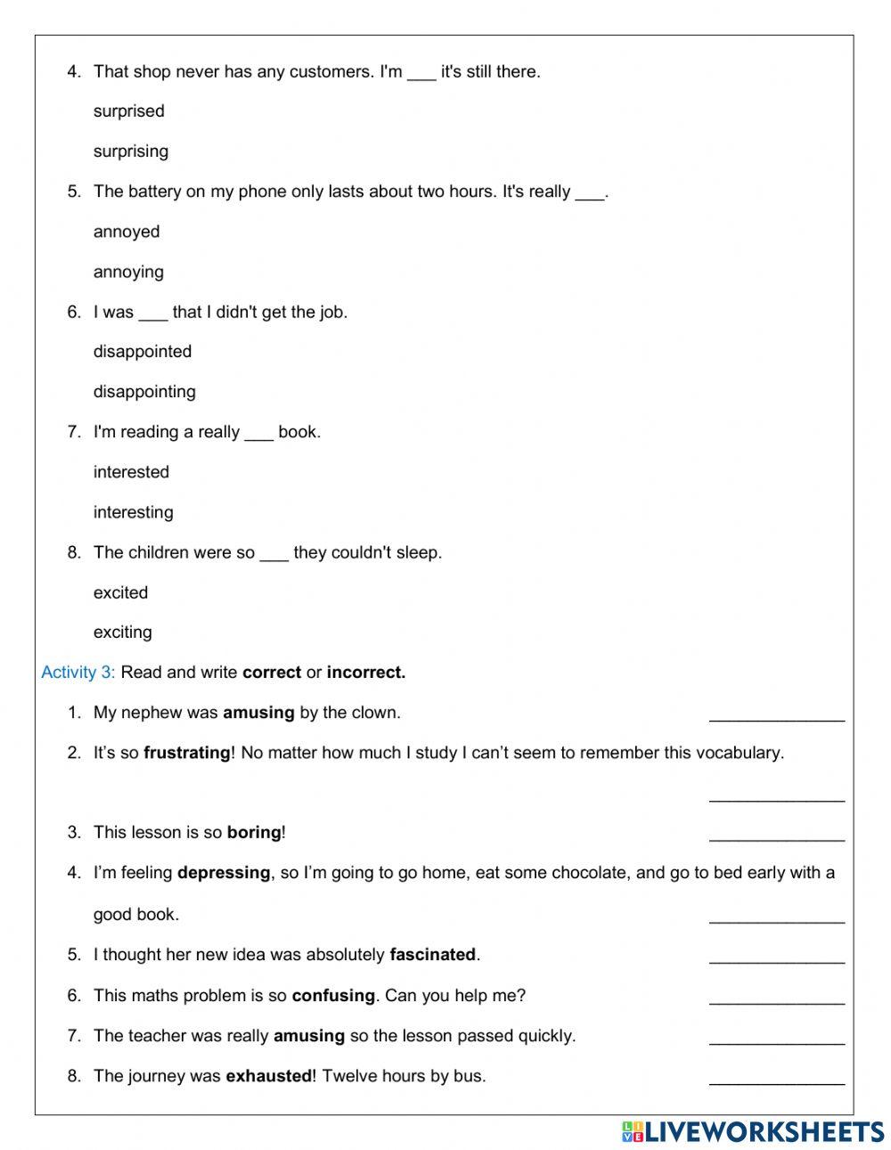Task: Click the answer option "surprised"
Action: click(129, 111)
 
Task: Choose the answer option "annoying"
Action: click(128, 272)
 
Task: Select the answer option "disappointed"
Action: click(143, 352)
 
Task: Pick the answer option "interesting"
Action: click(134, 512)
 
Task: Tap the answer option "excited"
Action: click(120, 592)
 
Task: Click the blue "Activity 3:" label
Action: click(78, 673)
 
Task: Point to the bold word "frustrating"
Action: click(187, 753)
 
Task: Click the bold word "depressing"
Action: click(224, 873)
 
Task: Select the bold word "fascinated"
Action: click(433, 955)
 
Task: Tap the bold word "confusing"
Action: click(333, 996)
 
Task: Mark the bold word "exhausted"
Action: click(268, 1076)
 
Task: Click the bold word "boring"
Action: click(254, 833)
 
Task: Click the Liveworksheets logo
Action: click(753, 1131)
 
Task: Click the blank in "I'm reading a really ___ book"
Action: click(258, 434)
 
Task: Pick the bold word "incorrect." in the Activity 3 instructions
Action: click(366, 673)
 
